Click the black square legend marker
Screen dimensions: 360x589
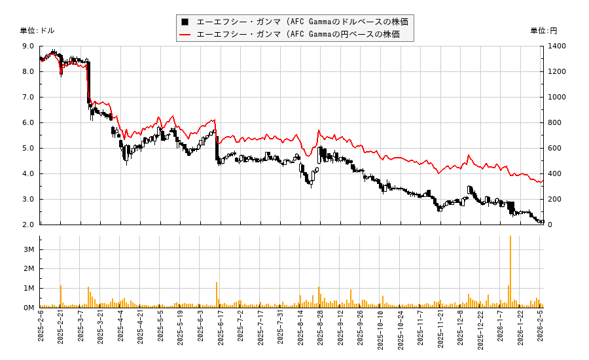[185, 22]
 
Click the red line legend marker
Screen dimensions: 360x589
[185, 34]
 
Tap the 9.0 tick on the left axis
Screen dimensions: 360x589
[29, 46]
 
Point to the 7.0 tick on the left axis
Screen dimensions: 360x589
[29, 98]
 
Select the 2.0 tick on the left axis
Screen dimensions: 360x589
[29, 225]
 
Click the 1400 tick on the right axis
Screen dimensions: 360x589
[558, 46]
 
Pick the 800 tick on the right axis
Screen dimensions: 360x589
[556, 123]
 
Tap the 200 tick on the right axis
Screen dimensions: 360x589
[556, 200]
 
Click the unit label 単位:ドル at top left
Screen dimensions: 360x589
[37, 31]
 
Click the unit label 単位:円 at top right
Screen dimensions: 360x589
[543, 31]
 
